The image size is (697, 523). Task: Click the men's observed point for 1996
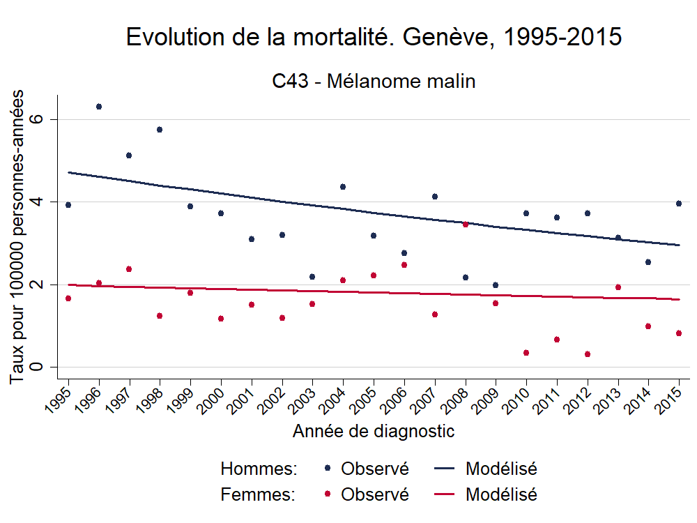pos(99,107)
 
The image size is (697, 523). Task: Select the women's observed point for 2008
pos(466,225)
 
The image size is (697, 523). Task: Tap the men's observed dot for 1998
pos(160,130)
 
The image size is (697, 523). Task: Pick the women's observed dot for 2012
pos(588,354)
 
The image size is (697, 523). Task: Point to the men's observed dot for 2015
pos(679,204)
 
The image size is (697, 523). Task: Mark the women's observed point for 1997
pos(129,269)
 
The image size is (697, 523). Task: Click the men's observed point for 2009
pos(496,285)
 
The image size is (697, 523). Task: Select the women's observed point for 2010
pos(526,353)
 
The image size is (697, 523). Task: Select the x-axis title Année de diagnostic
pos(374,432)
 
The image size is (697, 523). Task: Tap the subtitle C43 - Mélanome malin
pos(374,82)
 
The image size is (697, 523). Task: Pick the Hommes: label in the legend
pos(259,469)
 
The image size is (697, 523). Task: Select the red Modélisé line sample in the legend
pos(446,495)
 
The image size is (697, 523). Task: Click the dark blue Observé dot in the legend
pos(328,469)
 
